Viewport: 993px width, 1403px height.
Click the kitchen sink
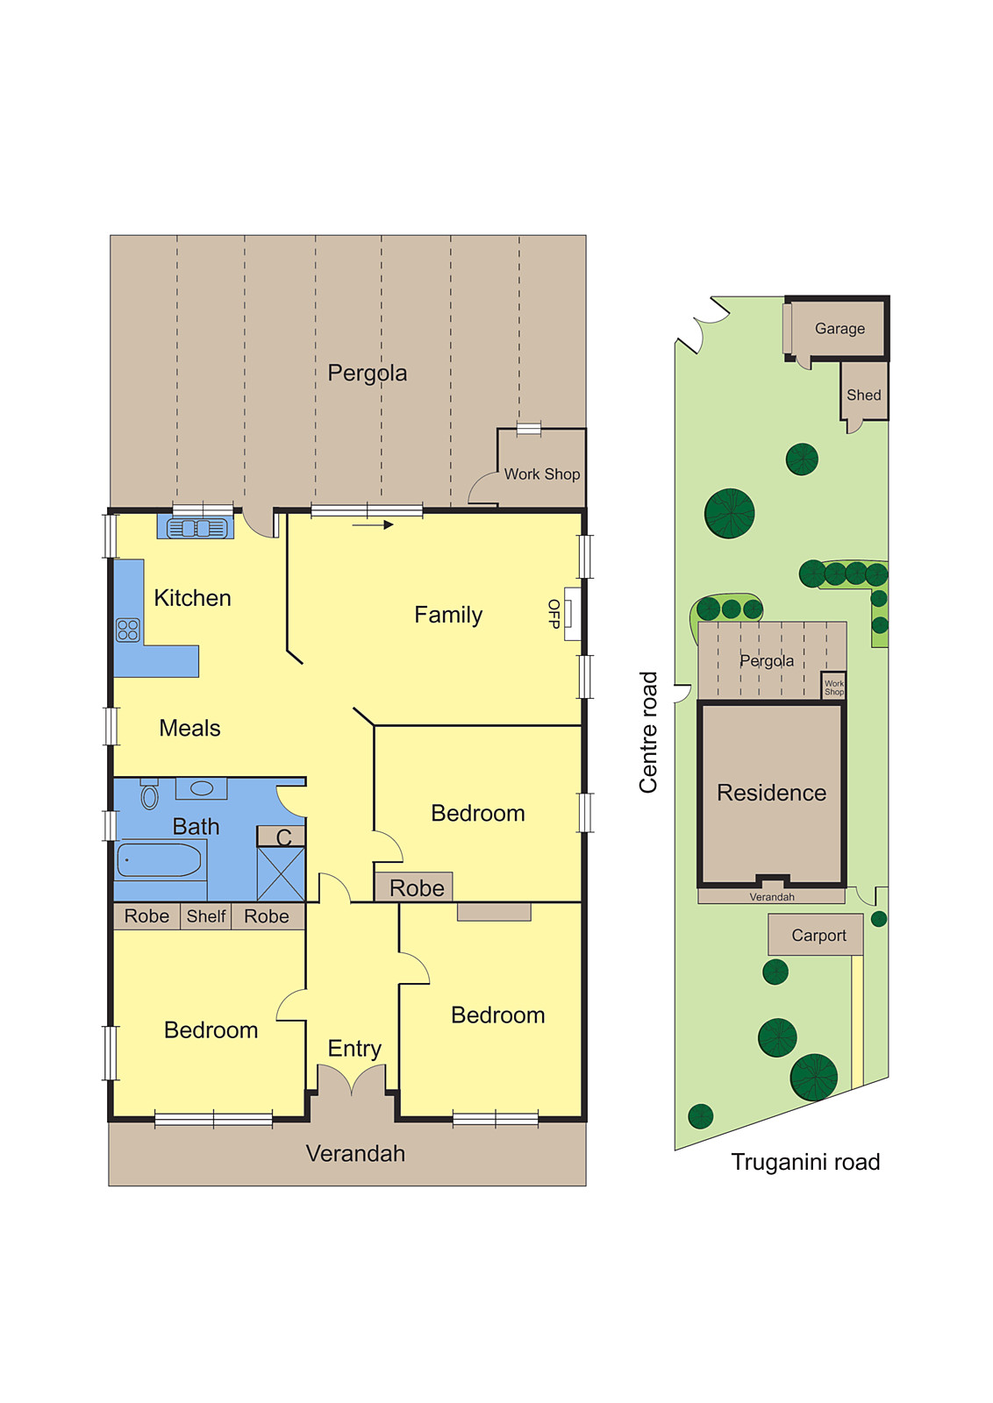196,528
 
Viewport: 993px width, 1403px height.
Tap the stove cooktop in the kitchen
128,630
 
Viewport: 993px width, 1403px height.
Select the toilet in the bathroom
150,795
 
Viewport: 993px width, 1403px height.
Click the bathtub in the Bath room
160,860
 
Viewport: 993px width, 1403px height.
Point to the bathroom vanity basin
202,788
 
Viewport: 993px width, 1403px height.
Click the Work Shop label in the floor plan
541,474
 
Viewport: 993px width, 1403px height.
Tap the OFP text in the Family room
554,614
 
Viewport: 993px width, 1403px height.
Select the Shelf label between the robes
206,916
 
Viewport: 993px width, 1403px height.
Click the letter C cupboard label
283,837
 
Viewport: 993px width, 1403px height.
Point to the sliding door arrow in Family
373,525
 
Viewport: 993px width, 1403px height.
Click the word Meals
189,728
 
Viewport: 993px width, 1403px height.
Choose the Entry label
354,1049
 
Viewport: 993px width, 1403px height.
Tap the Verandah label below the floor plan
355,1154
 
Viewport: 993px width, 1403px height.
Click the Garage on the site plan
839,329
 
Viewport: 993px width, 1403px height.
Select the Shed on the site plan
863,395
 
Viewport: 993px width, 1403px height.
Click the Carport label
818,936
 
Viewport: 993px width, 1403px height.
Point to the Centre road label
648,732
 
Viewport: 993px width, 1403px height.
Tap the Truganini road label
805,1163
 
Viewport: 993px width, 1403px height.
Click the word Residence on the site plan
771,793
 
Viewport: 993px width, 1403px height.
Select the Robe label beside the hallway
417,888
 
